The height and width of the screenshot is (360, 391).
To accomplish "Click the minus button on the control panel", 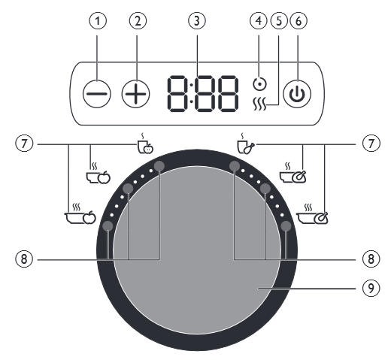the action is point(97,94).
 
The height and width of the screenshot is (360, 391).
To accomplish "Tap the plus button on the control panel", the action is point(135,94).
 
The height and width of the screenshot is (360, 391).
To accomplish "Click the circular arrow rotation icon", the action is point(259,83).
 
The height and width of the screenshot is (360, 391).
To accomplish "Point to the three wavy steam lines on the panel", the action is point(259,104).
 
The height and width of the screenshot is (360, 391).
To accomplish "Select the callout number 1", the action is point(98,21).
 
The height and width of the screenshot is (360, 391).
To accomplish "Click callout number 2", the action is point(138,21).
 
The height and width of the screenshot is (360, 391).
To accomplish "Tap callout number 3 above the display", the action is point(197,21).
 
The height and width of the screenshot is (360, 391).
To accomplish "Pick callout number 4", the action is point(259,21).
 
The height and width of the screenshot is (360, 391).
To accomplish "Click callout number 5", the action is point(279,21).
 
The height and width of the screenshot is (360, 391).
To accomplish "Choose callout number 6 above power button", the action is point(299,21).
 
